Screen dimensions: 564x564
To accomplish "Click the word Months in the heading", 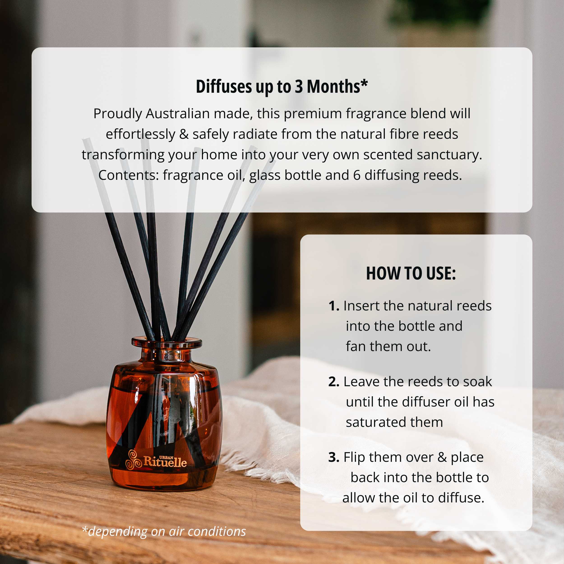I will (x=333, y=87).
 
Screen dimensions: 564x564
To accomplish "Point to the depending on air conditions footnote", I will (x=164, y=531).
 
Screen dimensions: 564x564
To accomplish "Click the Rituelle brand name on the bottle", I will (x=165, y=462).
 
